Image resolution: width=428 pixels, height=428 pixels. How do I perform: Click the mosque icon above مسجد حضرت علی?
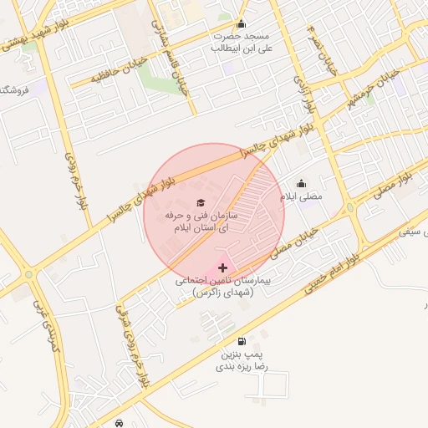pyautogui.click(x=242, y=23)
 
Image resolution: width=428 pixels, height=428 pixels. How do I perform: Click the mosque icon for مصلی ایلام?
pyautogui.click(x=301, y=184)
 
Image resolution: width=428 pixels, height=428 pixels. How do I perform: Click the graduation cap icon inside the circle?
pyautogui.click(x=200, y=202)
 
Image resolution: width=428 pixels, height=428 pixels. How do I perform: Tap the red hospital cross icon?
pyautogui.click(x=222, y=267)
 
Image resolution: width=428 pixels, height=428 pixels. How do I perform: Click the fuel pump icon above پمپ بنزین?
pyautogui.click(x=242, y=341)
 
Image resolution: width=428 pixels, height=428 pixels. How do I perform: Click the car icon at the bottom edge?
pyautogui.click(x=120, y=423)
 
